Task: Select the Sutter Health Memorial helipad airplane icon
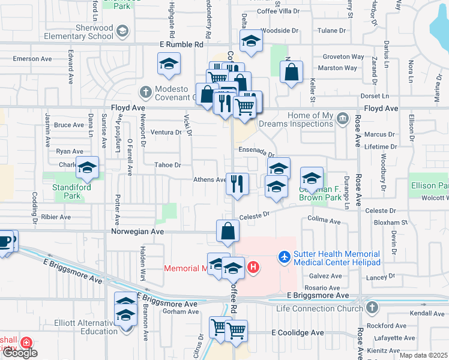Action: (284, 257)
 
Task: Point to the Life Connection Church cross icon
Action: (372, 308)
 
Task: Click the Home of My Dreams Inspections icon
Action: (342, 117)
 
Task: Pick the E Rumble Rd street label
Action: (182, 44)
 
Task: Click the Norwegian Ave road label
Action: (137, 231)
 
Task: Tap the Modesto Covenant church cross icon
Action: (145, 92)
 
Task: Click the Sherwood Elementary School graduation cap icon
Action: (123, 31)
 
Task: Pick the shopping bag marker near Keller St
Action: (291, 73)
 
